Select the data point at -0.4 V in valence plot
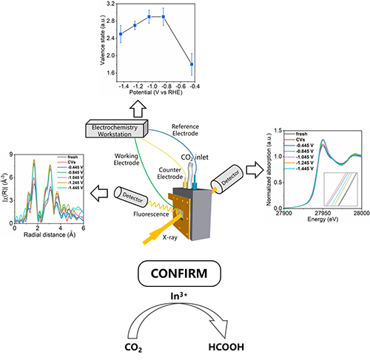[x=192, y=64]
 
